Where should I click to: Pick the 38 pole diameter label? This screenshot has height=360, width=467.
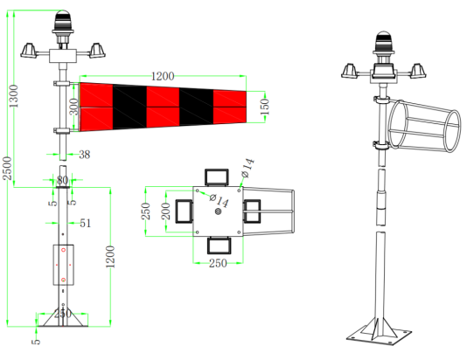point(84,155)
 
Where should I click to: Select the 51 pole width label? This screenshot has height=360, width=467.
point(86,224)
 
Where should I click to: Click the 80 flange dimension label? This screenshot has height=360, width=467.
point(62,181)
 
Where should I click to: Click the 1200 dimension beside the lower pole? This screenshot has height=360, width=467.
point(109,253)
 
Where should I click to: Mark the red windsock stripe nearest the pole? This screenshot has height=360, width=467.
point(97,107)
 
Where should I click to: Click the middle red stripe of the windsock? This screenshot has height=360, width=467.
point(162,107)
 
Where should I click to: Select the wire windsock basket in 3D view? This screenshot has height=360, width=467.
point(424,131)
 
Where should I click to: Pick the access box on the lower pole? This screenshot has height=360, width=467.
point(62,267)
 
